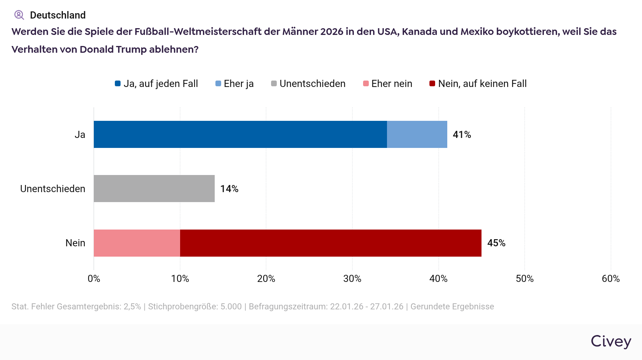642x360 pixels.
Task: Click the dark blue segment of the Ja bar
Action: [240, 134]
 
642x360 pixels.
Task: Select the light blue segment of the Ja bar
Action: [417, 134]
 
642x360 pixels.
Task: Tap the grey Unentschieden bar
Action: [154, 189]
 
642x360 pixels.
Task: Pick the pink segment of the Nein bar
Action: [137, 243]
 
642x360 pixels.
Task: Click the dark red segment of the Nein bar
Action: [331, 243]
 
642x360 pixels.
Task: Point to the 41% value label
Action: [462, 135]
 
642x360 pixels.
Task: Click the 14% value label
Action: [229, 189]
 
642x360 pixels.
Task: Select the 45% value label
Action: [496, 243]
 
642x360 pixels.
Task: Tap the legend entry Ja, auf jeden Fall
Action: [157, 84]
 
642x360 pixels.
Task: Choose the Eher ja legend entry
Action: [235, 84]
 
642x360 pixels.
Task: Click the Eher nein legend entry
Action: [388, 84]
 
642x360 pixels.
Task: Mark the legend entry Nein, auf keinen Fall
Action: [478, 84]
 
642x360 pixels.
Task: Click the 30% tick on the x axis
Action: [352, 279]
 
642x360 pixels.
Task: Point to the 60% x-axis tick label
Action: [611, 279]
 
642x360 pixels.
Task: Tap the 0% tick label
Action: [94, 279]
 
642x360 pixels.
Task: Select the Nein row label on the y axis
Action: [75, 243]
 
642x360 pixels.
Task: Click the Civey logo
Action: [611, 341]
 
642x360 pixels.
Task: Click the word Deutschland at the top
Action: [58, 15]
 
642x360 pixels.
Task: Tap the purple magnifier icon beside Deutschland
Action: [19, 15]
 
